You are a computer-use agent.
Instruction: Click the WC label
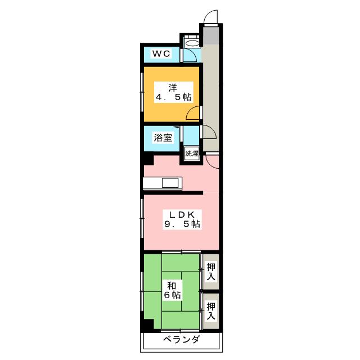161,54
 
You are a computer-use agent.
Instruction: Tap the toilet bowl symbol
192,43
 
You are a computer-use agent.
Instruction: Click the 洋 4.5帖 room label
173,92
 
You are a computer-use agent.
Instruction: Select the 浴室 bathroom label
163,138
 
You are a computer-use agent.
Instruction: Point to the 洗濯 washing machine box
191,154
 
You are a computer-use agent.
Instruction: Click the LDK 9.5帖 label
182,219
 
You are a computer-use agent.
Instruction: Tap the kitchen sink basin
170,183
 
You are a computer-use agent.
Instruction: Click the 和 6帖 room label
172,290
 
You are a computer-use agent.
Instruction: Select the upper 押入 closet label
211,272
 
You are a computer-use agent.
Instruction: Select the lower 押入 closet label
211,311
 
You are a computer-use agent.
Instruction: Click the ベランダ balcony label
181,339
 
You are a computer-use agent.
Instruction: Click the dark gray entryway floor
210,34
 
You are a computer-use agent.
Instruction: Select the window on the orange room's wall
142,92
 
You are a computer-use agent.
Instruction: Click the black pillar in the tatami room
148,325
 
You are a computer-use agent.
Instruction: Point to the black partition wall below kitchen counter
173,192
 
